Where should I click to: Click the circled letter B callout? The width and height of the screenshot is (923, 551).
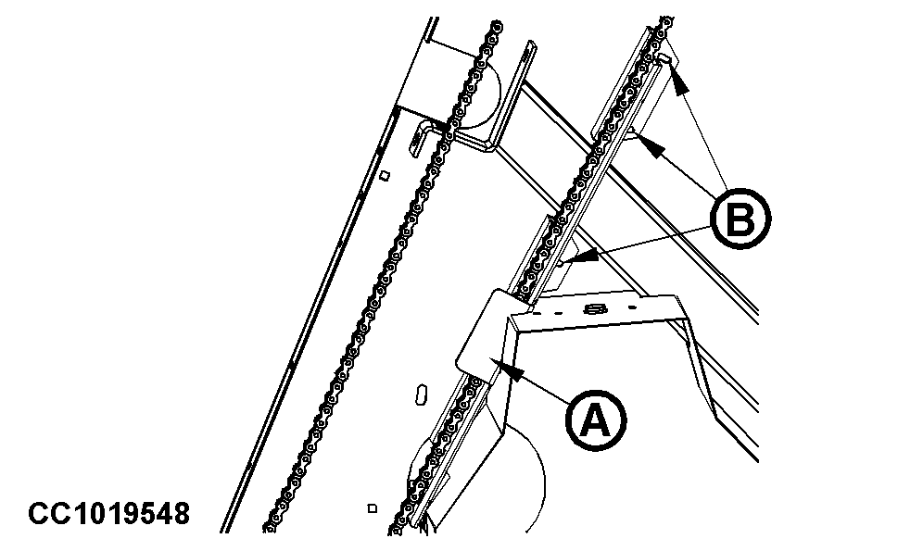coord(740,219)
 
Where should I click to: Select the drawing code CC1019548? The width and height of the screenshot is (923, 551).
coord(109,513)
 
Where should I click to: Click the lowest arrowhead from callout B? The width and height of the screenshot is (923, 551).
coord(586,256)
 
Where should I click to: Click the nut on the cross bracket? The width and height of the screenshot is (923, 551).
coord(596,308)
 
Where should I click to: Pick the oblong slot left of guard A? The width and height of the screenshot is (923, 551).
coord(422,394)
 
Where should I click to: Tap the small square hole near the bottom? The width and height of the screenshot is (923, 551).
coord(372,508)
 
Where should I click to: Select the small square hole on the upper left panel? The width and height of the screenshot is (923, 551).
coord(385,175)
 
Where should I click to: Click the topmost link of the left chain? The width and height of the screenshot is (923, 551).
coord(498,27)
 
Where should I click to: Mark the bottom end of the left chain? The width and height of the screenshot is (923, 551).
coord(269,528)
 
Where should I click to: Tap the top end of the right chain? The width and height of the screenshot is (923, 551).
coord(666,21)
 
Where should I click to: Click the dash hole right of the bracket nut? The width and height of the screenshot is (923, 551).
coord(632,307)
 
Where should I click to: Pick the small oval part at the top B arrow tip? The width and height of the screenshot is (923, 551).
coord(664,58)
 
